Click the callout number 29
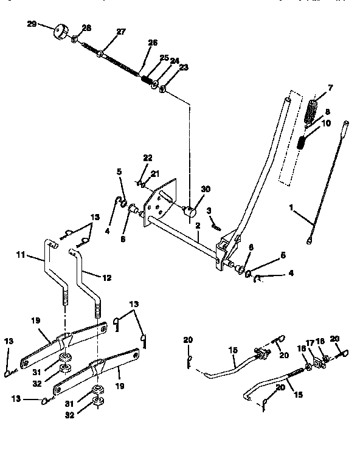coord(32,24)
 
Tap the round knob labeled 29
coord(61,31)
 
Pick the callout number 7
coord(330,88)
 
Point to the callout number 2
coord(198,225)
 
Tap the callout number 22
coord(148,158)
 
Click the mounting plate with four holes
coord(159,204)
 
